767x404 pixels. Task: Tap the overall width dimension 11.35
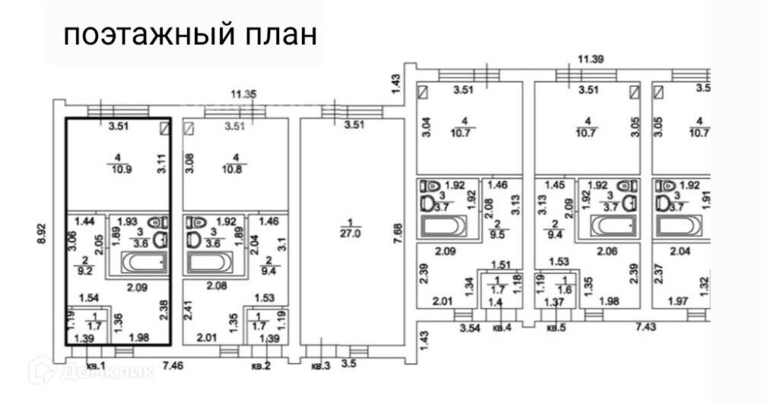pos(245,94)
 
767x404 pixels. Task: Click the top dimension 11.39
pos(591,59)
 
